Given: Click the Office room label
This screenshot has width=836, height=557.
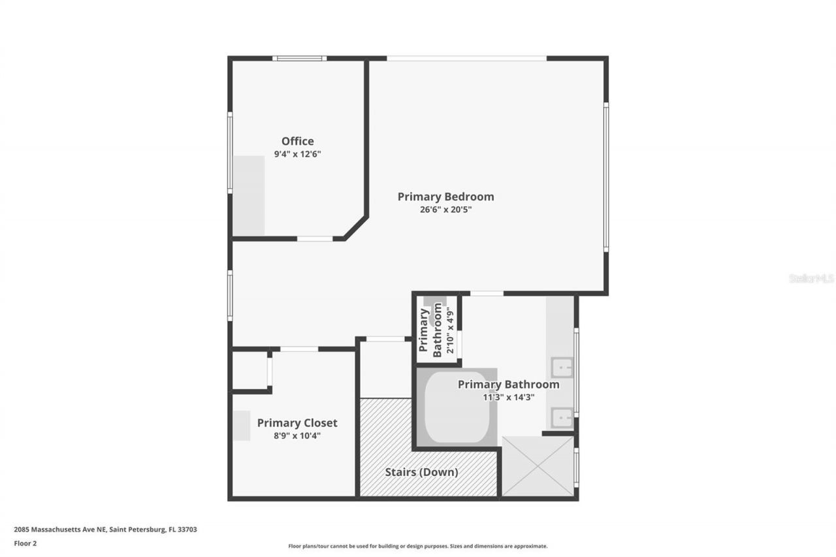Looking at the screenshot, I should [x=297, y=141].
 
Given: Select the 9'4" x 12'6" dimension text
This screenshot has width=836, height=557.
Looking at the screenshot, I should [x=297, y=155].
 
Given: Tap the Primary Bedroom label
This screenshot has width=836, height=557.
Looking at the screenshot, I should [x=445, y=197].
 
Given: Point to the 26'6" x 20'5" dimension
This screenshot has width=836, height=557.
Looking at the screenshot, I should [x=445, y=210].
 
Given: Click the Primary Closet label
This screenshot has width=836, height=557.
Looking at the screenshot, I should [x=297, y=423].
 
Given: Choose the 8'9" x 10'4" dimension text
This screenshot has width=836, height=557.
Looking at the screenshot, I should [x=297, y=436].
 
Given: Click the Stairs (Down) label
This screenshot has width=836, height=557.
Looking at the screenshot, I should [x=421, y=471].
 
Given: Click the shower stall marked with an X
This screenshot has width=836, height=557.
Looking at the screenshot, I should [x=538, y=466].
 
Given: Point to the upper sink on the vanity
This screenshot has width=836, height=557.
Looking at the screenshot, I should [x=561, y=368].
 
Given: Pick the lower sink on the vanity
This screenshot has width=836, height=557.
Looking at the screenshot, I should [x=561, y=417].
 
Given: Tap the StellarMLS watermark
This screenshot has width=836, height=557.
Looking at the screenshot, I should [x=811, y=278].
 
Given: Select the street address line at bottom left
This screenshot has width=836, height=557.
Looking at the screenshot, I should [x=105, y=530].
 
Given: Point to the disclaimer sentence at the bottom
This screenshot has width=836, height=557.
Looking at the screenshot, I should [x=418, y=546].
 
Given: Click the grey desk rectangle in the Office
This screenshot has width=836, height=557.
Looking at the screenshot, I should [x=249, y=196].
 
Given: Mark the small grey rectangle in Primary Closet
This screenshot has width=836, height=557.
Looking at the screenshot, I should [x=242, y=425].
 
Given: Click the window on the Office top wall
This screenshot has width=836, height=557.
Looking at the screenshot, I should [x=299, y=58].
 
